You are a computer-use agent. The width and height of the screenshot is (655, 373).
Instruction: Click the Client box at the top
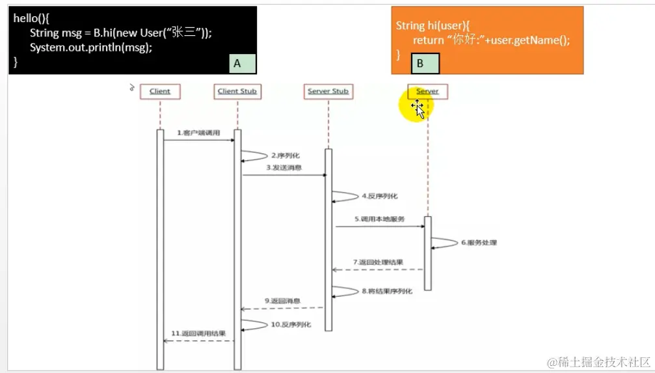pyautogui.click(x=159, y=91)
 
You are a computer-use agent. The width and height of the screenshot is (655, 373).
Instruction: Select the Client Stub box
pyautogui.click(x=237, y=91)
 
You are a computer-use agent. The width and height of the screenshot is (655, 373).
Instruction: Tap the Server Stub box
pyautogui.click(x=328, y=91)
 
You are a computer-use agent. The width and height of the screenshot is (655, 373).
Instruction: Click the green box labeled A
pyautogui.click(x=242, y=63)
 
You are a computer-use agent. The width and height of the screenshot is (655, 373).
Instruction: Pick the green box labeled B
pyautogui.click(x=425, y=63)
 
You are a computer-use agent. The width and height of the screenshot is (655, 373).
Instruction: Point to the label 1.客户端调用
pyautogui.click(x=198, y=133)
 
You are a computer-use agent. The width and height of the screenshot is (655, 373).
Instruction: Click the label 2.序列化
pyautogui.click(x=286, y=156)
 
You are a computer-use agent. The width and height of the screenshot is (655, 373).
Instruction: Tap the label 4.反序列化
pyautogui.click(x=380, y=196)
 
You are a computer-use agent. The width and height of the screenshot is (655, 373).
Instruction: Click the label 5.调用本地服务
pyautogui.click(x=379, y=219)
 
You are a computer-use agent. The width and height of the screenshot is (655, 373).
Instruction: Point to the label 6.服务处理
pyautogui.click(x=479, y=242)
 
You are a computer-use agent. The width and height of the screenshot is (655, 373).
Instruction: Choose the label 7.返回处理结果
pyautogui.click(x=378, y=262)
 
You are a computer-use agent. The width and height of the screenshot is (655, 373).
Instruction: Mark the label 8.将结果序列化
pyautogui.click(x=387, y=292)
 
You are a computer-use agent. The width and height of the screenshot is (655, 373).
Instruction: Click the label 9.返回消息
pyautogui.click(x=282, y=301)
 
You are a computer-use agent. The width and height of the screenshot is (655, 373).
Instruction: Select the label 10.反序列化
pyautogui.click(x=291, y=324)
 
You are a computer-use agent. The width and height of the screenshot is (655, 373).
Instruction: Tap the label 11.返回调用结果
pyautogui.click(x=198, y=333)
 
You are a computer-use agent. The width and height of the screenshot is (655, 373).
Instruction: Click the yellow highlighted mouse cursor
pyautogui.click(x=418, y=109)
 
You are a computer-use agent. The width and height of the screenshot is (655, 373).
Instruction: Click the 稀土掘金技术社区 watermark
pyautogui.click(x=598, y=361)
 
